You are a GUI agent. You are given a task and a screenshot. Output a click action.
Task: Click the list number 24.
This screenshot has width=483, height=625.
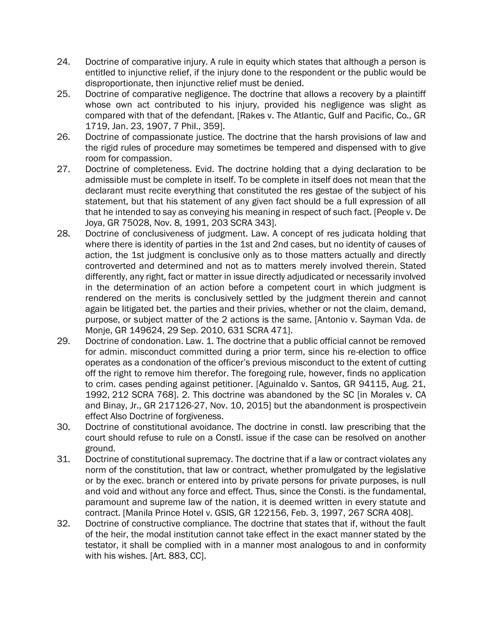click(63, 62)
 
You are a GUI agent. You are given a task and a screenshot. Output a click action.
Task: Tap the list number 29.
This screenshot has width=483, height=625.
click(63, 341)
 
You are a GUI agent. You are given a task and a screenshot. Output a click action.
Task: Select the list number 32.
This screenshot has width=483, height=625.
click(63, 524)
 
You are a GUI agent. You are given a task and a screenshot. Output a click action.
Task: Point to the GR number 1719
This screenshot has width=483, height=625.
click(95, 126)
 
